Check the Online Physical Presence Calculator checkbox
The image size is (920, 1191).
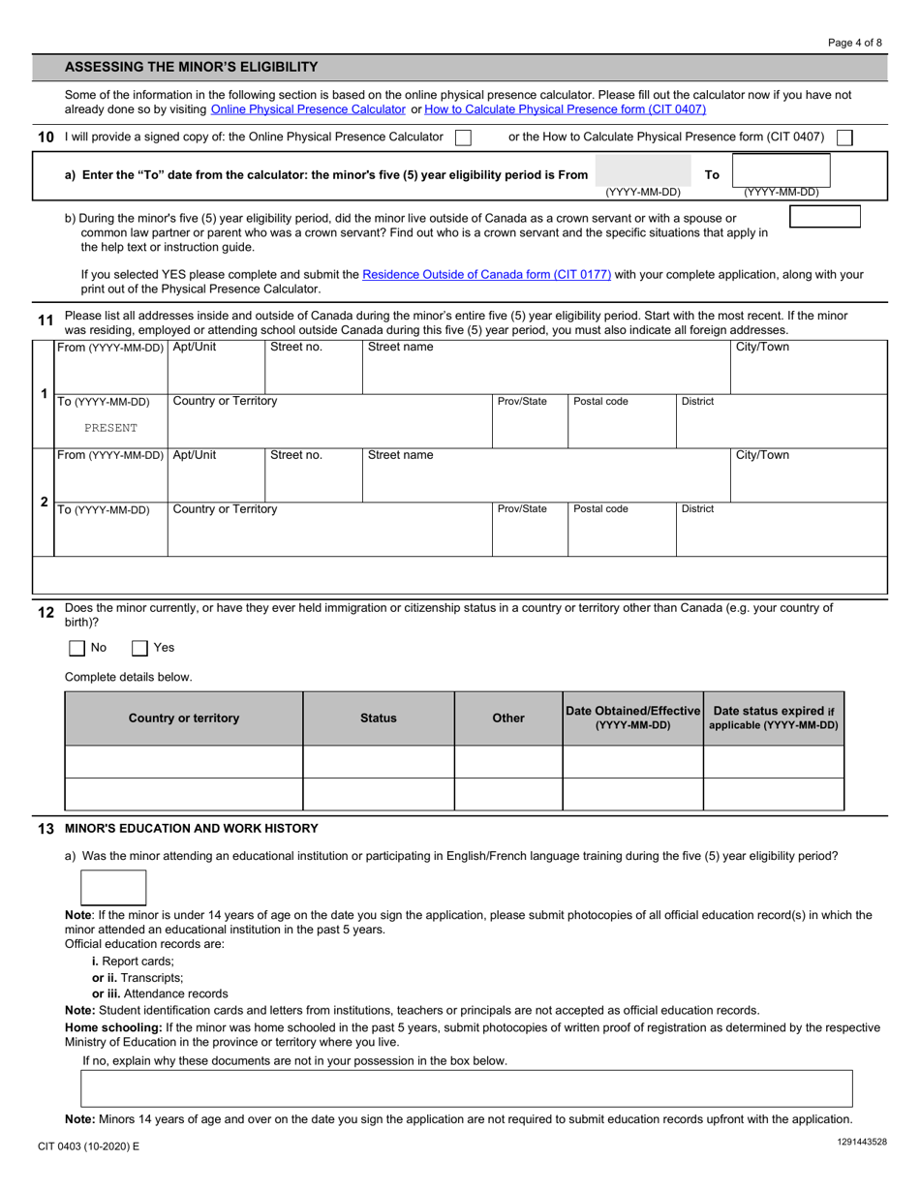(x=463, y=137)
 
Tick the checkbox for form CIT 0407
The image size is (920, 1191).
(x=844, y=137)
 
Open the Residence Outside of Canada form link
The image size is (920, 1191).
(x=486, y=275)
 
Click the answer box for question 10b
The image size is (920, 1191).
(x=824, y=216)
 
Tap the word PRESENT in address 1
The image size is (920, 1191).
(x=110, y=427)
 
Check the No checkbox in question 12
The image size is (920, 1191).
(x=77, y=648)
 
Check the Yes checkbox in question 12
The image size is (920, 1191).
(x=139, y=648)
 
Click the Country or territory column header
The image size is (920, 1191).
(x=184, y=718)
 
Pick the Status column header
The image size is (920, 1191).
(x=378, y=718)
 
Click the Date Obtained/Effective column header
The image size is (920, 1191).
(x=632, y=718)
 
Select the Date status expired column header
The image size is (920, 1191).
(x=774, y=718)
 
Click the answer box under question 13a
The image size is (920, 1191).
(x=113, y=887)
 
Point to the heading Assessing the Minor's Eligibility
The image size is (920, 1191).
(x=191, y=67)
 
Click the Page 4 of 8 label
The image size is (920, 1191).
(x=855, y=43)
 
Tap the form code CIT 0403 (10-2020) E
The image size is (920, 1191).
(x=88, y=1145)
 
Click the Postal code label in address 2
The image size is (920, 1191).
(x=600, y=508)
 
